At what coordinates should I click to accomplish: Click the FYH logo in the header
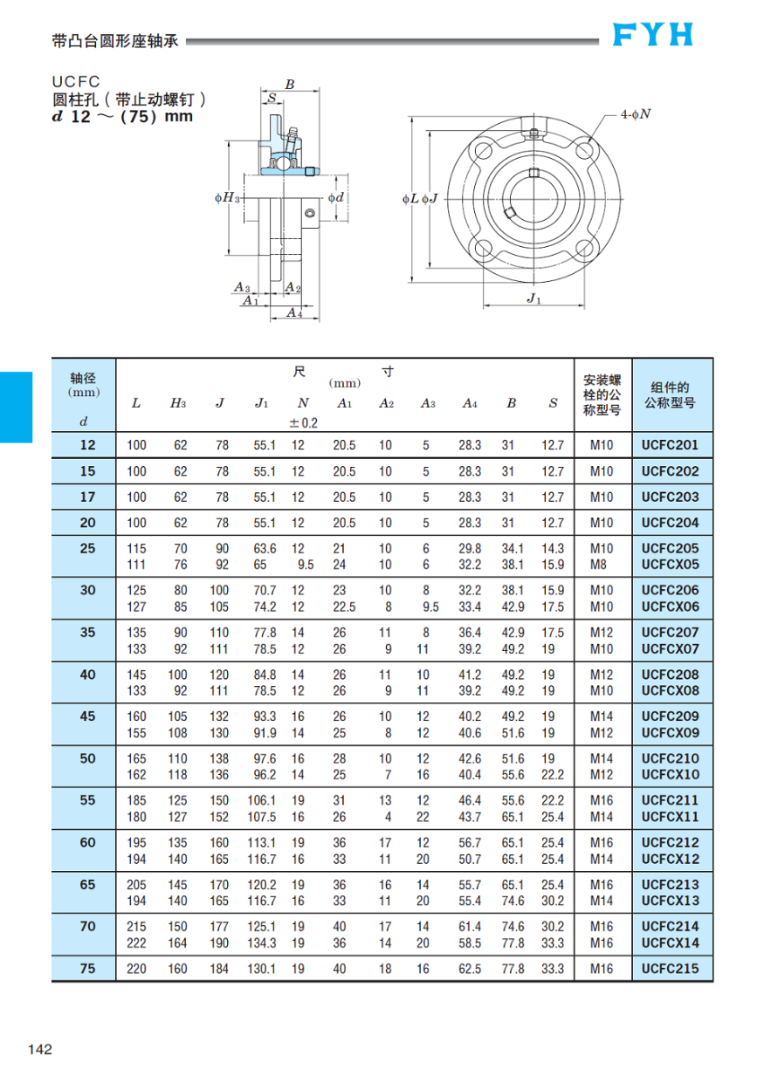[x=652, y=34]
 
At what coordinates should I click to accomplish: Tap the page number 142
[x=40, y=1048]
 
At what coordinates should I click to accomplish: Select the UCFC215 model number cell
[x=671, y=968]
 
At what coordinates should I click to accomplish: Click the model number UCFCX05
[x=671, y=565]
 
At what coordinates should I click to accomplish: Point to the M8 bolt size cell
[x=602, y=565]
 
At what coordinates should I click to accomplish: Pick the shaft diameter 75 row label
[x=87, y=968]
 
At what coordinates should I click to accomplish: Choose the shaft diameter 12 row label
[x=87, y=445]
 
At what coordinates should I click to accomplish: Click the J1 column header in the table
[x=261, y=402]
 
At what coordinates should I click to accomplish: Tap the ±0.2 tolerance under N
[x=303, y=422]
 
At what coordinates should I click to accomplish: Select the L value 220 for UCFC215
[x=137, y=968]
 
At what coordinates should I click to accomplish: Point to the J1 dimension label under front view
[x=534, y=298]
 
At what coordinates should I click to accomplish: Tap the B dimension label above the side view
[x=290, y=85]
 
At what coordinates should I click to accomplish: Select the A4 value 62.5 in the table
[x=470, y=968]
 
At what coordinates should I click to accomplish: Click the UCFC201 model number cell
[x=671, y=445]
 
